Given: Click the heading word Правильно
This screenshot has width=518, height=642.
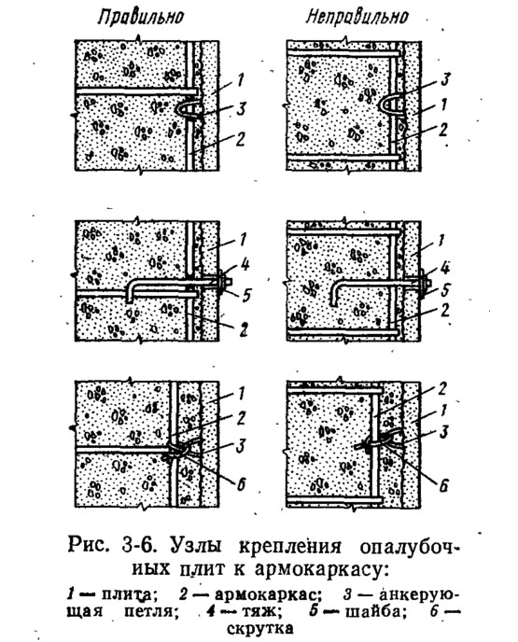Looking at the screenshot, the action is [140, 18].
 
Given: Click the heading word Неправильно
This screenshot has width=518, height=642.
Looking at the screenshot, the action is [357, 17].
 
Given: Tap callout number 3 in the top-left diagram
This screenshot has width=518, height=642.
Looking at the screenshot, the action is [241, 109].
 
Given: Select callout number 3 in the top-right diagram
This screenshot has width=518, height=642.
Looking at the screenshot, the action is [445, 79].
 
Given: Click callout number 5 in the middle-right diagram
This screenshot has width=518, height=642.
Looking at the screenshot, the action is [445, 291].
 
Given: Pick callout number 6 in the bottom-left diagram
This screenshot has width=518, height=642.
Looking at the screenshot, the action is [241, 484].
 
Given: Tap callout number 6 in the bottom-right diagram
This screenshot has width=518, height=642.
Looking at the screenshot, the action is [443, 485].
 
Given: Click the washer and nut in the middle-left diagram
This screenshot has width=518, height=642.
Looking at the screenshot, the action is [223, 283].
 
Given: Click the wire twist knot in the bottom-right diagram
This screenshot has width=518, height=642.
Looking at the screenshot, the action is [374, 443].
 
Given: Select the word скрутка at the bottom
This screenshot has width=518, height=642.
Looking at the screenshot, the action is [259, 627].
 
